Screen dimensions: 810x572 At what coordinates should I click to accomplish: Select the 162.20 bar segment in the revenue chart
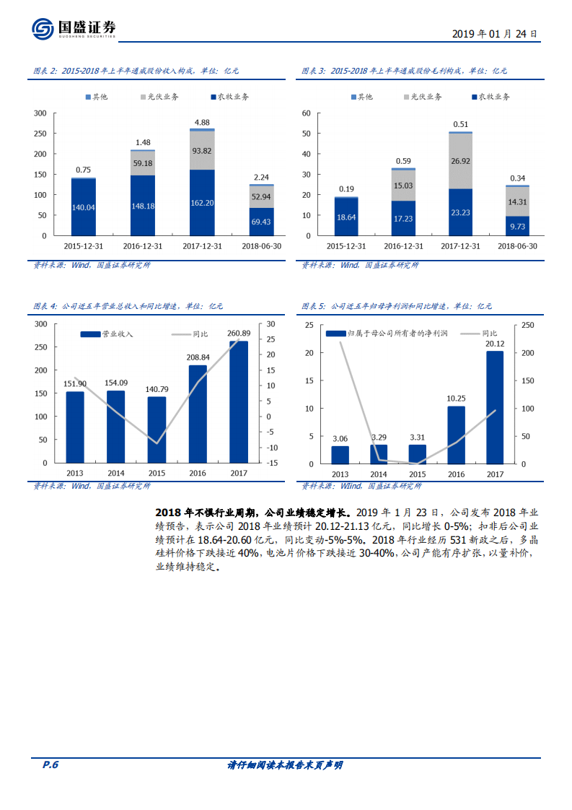(202, 203)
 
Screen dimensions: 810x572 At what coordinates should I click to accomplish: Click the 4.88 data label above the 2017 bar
(202, 123)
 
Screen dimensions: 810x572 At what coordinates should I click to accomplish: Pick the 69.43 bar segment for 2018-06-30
(261, 222)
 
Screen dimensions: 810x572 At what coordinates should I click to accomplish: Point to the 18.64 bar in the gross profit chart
(346, 217)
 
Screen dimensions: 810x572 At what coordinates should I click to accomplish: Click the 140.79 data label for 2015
(157, 390)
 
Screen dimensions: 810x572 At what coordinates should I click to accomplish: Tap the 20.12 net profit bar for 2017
(495, 407)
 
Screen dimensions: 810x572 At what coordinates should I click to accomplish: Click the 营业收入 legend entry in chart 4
(107, 334)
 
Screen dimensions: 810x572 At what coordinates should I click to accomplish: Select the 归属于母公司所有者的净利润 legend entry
(390, 334)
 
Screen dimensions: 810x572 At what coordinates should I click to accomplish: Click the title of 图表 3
(405, 71)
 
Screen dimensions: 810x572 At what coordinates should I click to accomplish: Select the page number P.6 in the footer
(50, 765)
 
